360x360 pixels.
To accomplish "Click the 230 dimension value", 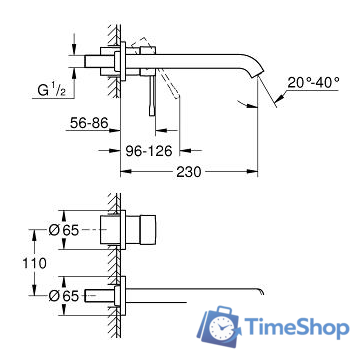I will (x=190, y=172).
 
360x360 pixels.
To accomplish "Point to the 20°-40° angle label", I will (x=306, y=83).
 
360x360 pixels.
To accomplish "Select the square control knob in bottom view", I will (x=149, y=231).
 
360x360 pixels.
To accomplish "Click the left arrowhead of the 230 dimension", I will (x=125, y=172).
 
